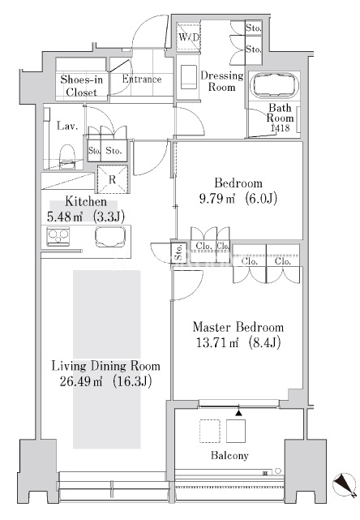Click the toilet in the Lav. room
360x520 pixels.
coord(67,157)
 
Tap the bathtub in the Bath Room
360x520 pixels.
coord(276,84)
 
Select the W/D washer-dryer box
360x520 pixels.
coord(188,37)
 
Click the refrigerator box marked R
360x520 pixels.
coord(113,179)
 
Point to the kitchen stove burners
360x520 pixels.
coord(58,236)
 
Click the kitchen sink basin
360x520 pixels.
coord(110,236)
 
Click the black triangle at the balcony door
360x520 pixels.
coord(238,412)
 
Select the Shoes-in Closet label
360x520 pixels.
coord(82,85)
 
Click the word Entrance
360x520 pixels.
coord(142,79)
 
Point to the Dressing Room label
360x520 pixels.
coord(222,81)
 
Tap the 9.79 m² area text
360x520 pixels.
coord(217,198)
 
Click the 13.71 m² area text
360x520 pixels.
coord(217,342)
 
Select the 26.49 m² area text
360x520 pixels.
coord(81,381)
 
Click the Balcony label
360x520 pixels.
coord(229,456)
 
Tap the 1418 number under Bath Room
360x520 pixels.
coord(280,127)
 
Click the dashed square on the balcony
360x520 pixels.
coord(210,431)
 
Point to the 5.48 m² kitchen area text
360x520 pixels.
coord(65,217)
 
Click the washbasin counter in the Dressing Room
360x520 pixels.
coord(188,77)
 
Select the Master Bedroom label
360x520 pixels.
coord(238,327)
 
